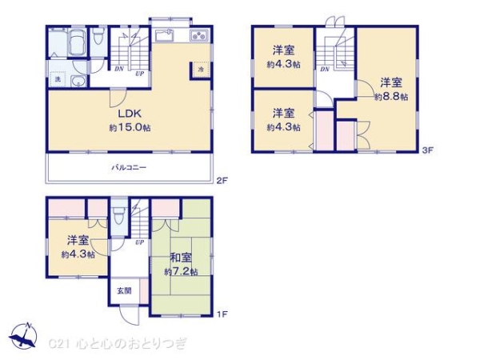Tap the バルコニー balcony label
click(x=129, y=168)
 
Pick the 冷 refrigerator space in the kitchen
click(x=201, y=70)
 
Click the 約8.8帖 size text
click(x=391, y=96)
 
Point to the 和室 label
click(x=180, y=259)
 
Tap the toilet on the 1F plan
click(x=119, y=216)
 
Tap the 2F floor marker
click(x=222, y=181)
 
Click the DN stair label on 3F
click(x=324, y=70)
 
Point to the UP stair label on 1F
click(x=139, y=242)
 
